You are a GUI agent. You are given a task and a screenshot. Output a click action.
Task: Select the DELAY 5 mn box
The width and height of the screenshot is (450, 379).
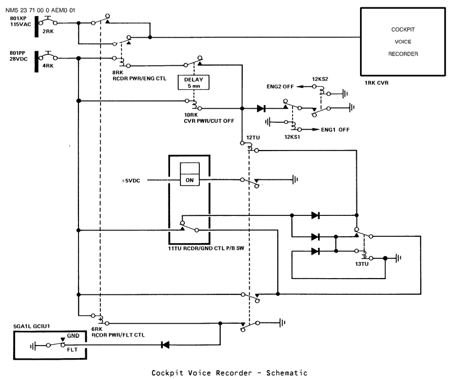click(x=194, y=83)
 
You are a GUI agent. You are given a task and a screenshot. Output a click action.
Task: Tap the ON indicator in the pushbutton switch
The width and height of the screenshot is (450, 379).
click(x=190, y=180)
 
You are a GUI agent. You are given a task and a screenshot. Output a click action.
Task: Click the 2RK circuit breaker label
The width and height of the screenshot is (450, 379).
click(x=48, y=31)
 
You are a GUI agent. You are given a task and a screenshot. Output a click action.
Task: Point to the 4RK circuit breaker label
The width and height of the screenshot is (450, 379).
click(x=48, y=66)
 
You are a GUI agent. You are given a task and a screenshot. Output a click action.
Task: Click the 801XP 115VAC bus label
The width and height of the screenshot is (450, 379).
click(x=20, y=21)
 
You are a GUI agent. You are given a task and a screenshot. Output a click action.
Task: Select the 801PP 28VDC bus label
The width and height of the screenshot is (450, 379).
click(x=19, y=56)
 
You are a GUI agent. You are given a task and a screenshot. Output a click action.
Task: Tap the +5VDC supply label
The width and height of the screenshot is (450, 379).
click(x=131, y=180)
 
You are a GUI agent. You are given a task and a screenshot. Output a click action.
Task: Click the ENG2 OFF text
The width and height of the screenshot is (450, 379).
click(x=280, y=87)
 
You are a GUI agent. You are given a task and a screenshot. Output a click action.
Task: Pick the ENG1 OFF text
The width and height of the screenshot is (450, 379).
click(x=335, y=130)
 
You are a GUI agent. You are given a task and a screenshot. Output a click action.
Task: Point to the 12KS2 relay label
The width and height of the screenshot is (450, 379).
click(x=320, y=79)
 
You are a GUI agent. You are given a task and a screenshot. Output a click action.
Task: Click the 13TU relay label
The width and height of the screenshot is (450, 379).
click(x=362, y=264)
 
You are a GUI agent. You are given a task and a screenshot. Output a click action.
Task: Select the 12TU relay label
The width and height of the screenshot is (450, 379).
click(x=253, y=137)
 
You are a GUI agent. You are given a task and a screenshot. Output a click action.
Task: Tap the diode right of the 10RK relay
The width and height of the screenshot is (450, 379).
click(x=261, y=108)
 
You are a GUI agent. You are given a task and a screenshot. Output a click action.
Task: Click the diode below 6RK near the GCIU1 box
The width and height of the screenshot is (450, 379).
click(x=165, y=344)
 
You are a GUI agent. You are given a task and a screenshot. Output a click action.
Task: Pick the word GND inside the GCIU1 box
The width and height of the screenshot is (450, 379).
click(x=73, y=336)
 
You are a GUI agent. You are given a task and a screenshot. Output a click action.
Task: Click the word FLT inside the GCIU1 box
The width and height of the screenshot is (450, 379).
click(x=72, y=350)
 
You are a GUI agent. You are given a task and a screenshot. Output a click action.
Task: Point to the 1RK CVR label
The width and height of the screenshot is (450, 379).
click(x=377, y=83)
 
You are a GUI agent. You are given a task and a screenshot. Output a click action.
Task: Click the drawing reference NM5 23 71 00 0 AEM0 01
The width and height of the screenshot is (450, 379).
click(x=40, y=10)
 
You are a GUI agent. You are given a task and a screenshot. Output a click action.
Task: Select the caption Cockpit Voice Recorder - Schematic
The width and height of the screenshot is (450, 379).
click(x=229, y=373)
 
